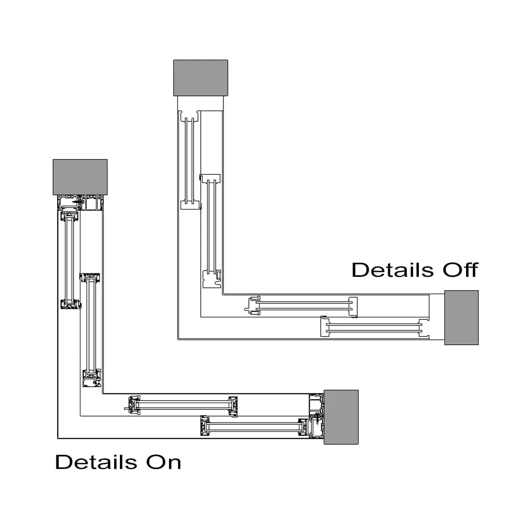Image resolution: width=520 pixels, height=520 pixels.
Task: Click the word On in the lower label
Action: [x=164, y=462]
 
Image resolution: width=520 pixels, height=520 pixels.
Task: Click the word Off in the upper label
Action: [x=460, y=270]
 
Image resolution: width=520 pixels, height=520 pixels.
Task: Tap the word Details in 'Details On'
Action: [x=96, y=462]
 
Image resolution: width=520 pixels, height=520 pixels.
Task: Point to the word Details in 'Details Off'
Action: [x=393, y=270]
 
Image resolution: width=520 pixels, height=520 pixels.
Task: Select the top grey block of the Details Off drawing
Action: [x=201, y=78]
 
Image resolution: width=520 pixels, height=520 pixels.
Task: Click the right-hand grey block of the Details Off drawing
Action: [x=461, y=317]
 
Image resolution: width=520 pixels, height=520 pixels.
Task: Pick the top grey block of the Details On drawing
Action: [x=80, y=177]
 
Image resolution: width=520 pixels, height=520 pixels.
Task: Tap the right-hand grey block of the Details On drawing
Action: [x=341, y=417]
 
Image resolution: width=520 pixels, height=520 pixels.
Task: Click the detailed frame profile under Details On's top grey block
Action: [x=80, y=203]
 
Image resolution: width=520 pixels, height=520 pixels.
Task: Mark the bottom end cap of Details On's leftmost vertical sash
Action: [x=71, y=304]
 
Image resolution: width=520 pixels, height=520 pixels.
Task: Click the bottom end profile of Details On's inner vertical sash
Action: [x=92, y=378]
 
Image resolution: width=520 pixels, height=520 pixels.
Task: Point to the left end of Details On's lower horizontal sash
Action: [x=205, y=426]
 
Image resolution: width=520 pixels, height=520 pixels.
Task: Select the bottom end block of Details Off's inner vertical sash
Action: [x=212, y=279]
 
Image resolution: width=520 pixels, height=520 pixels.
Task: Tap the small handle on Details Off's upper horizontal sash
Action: [x=247, y=309]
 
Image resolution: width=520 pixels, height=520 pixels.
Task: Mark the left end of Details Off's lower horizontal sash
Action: [x=325, y=326]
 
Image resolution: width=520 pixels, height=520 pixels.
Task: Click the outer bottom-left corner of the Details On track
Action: [x=58, y=439]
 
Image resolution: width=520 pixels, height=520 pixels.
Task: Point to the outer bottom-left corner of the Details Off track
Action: [x=178, y=339]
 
